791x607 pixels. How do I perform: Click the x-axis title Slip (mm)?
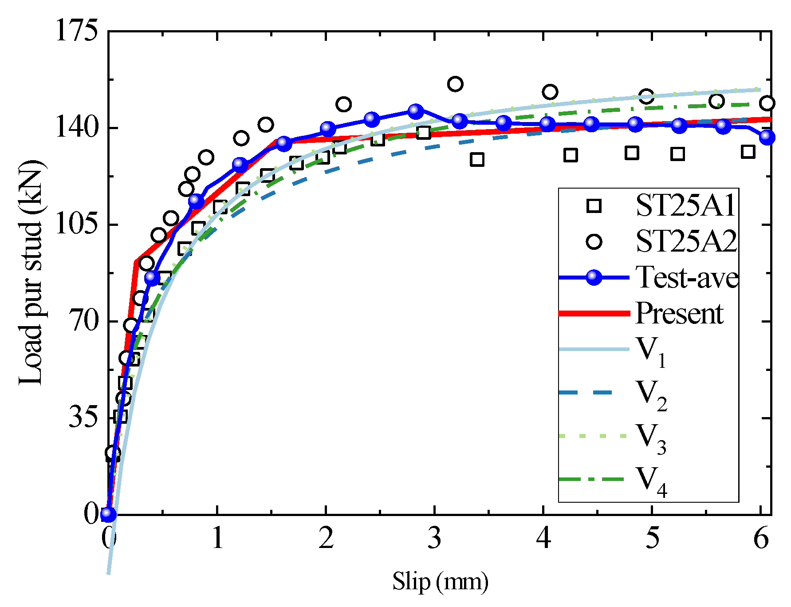[440, 581]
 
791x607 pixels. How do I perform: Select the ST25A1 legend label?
[685, 206]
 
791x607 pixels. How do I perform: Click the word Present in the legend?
[679, 313]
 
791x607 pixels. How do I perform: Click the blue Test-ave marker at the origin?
[108, 514]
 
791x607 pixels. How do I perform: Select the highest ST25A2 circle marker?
[455, 84]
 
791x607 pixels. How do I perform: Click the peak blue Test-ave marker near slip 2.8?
[415, 111]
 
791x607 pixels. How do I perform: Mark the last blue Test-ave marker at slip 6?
[767, 137]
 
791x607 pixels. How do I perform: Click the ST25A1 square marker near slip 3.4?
[477, 160]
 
